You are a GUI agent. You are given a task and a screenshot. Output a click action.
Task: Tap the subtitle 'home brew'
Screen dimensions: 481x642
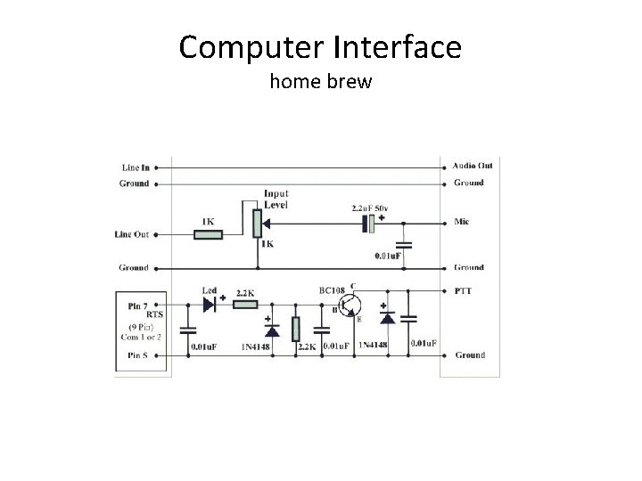[x=320, y=83]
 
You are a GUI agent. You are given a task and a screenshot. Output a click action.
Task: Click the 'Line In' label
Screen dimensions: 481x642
[x=136, y=167]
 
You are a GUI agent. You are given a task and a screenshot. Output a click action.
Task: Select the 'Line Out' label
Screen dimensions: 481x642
[x=132, y=234]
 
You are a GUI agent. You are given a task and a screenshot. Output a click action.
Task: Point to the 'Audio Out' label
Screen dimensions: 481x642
[x=472, y=166]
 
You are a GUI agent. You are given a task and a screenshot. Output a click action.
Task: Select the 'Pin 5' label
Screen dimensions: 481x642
[x=134, y=355]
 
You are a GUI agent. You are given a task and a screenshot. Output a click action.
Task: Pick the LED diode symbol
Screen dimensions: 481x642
[x=210, y=305]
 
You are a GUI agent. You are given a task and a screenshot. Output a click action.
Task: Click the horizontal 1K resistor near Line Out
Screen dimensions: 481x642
[x=208, y=235]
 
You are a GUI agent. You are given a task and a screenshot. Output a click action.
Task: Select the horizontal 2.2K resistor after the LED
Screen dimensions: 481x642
[x=244, y=305]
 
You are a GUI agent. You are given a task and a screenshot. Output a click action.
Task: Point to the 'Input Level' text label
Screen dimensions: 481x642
[x=276, y=199]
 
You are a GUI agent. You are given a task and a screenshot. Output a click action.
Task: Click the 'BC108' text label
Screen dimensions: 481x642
[x=332, y=290]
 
